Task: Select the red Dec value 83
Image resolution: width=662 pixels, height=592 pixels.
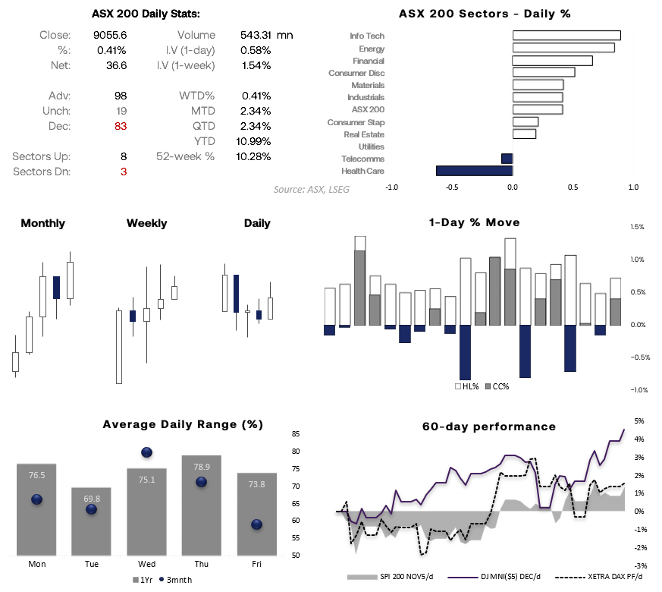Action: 120,126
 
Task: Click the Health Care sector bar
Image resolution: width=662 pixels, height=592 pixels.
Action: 474,171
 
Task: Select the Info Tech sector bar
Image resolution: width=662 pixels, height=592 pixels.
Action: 566,36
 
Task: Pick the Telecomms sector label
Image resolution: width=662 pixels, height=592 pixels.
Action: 363,159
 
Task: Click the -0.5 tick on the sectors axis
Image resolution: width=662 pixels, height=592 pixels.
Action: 451,187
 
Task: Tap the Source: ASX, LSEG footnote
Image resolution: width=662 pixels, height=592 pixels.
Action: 312,189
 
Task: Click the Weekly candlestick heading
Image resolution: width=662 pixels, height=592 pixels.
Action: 146,223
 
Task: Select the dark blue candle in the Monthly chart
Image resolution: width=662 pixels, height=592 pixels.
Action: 56,288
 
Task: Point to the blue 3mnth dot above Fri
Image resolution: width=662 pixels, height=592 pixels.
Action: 256,524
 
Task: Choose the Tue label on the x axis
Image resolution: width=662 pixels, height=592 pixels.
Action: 92,564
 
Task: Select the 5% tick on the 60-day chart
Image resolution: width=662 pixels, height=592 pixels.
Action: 639,420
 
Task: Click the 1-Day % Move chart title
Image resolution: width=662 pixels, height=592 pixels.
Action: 474,223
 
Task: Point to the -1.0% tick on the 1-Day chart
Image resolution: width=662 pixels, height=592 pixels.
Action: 638,390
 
